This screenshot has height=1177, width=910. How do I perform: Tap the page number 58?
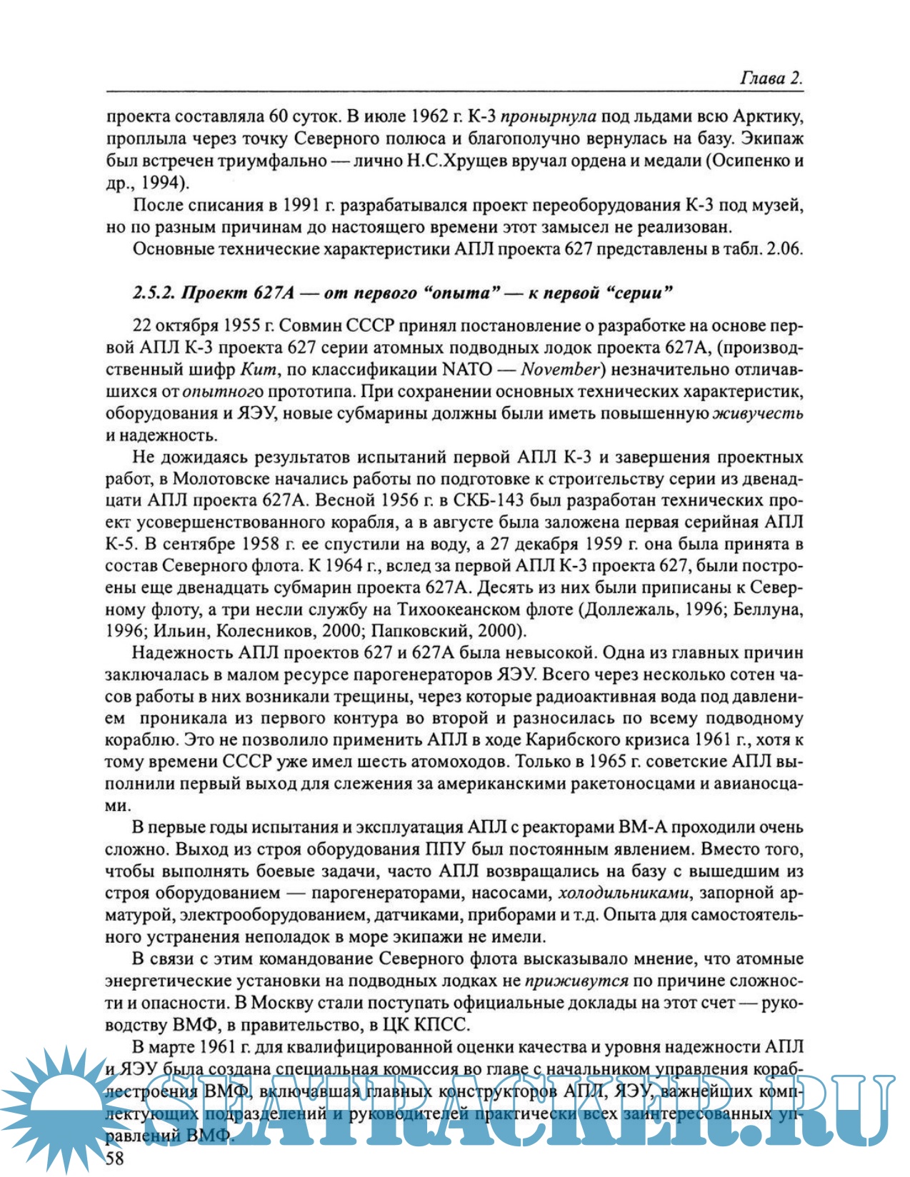(115, 1158)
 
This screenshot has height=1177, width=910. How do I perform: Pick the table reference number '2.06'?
(784, 249)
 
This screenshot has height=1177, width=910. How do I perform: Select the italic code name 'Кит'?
(256, 370)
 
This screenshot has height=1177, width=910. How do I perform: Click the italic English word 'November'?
(560, 370)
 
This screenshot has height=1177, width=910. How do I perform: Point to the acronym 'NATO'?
(468, 370)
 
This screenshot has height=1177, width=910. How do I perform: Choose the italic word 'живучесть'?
(759, 413)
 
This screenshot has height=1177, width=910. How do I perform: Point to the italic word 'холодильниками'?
(624, 893)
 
